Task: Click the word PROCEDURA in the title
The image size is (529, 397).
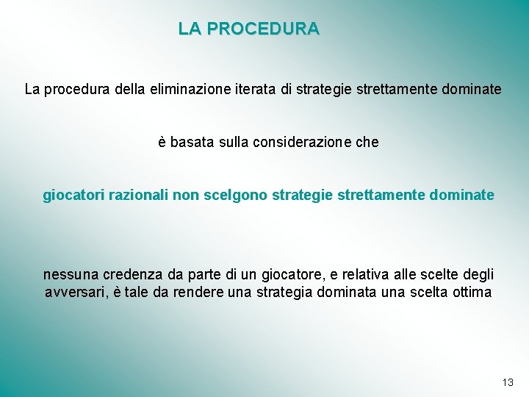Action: [x=263, y=29]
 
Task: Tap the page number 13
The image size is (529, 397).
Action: [x=508, y=382]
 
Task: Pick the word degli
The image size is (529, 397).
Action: [x=478, y=275]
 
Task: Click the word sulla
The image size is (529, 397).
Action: [x=235, y=143]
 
